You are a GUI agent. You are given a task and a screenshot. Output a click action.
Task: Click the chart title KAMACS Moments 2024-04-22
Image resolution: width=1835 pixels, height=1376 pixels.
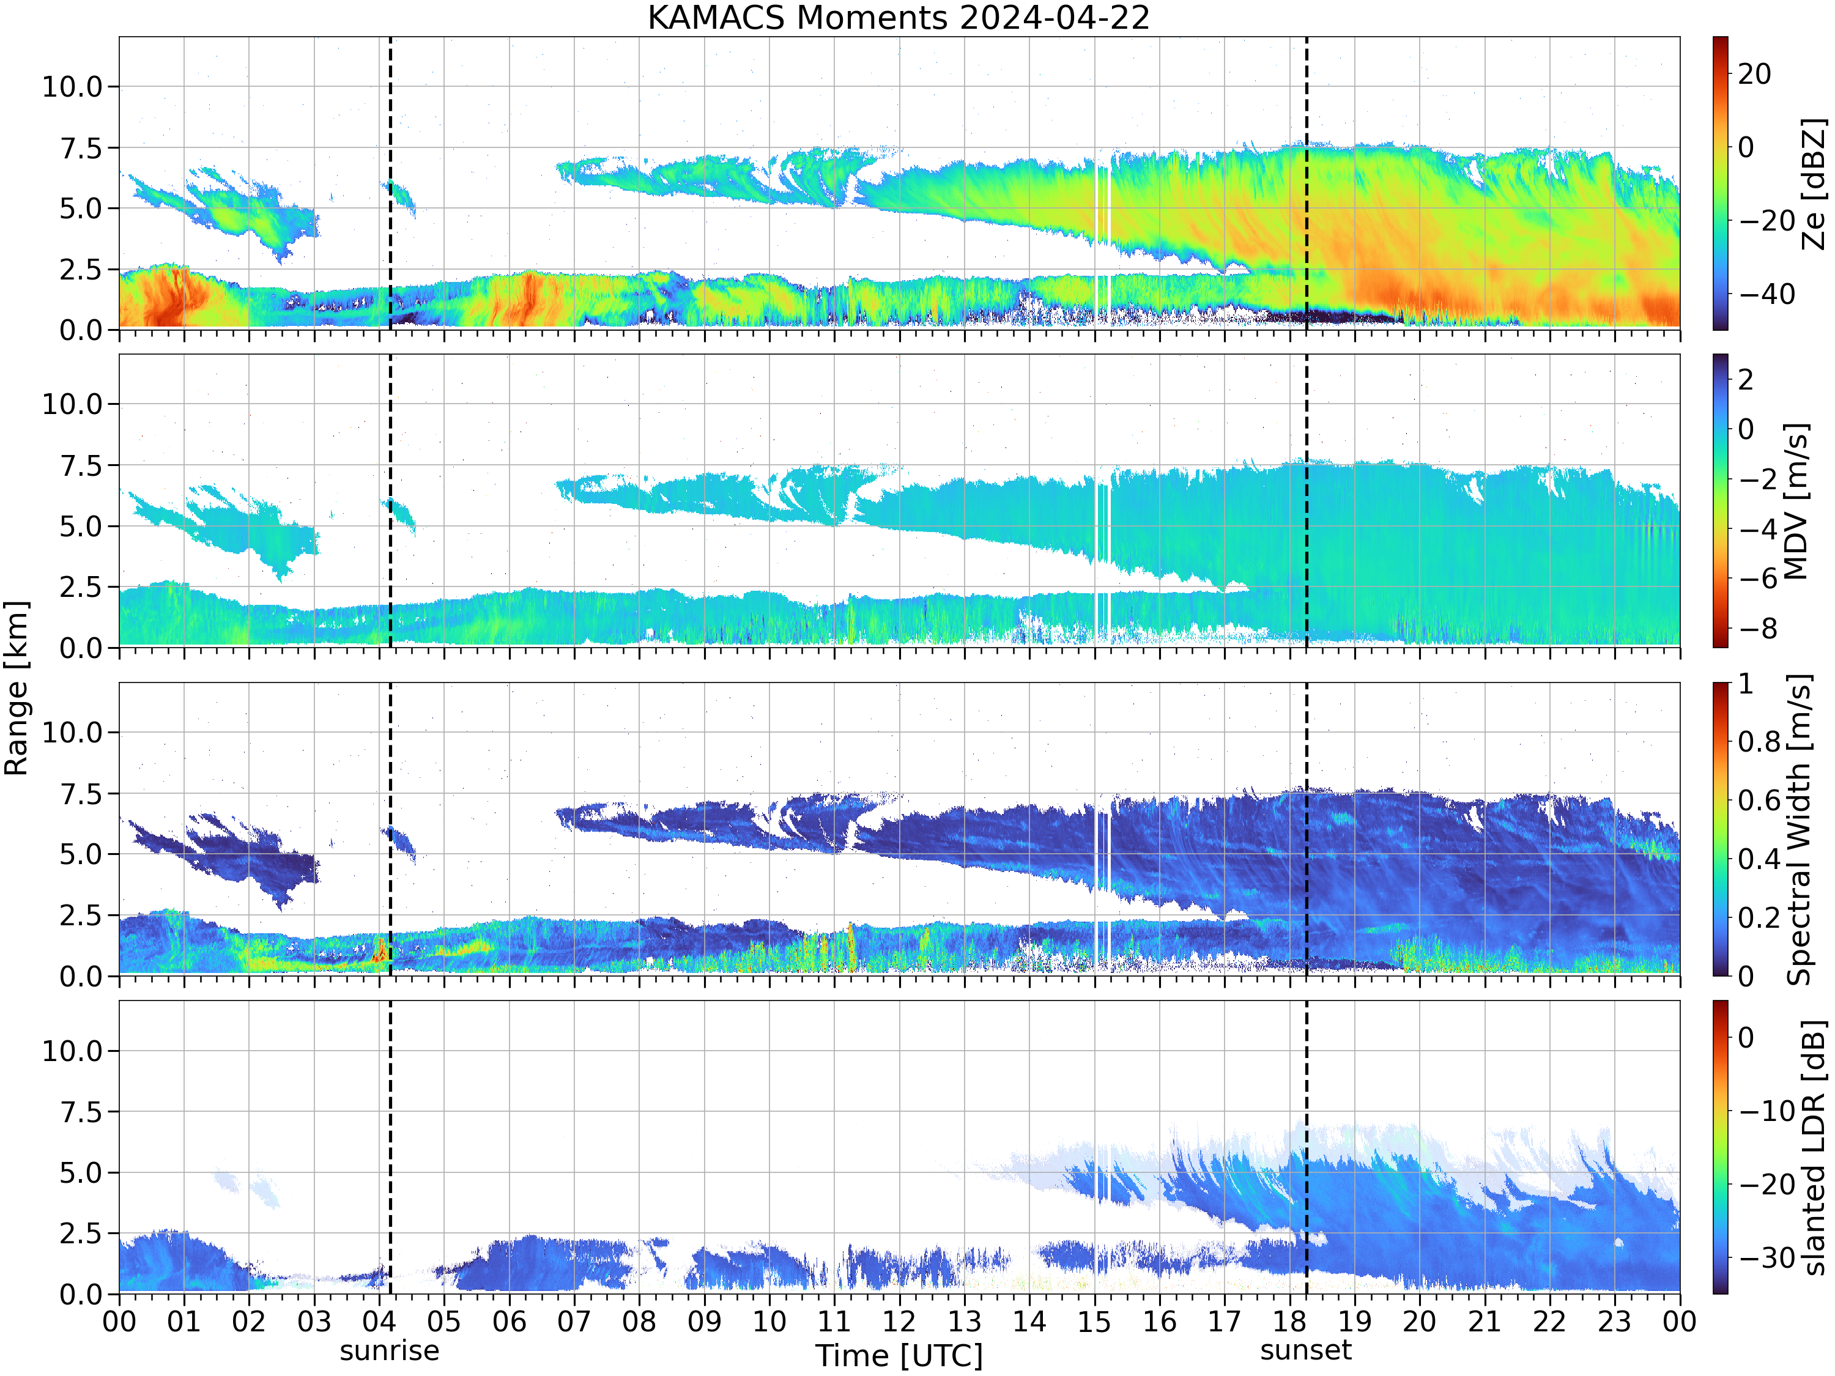tap(899, 17)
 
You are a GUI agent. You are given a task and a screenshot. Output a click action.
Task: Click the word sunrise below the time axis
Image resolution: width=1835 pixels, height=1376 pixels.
tap(389, 1350)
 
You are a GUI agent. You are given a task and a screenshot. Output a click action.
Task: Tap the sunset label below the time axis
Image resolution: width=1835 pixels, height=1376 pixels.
tap(1306, 1350)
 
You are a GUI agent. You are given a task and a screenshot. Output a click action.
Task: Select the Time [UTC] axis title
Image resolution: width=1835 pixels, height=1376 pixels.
tap(899, 1355)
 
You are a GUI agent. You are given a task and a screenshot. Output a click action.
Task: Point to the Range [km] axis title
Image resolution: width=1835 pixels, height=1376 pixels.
tap(16, 689)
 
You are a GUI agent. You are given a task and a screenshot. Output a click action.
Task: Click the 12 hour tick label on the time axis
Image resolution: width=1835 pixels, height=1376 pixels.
tap(899, 1321)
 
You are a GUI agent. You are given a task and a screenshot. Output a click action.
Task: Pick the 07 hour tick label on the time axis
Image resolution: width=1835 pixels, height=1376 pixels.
tap(574, 1321)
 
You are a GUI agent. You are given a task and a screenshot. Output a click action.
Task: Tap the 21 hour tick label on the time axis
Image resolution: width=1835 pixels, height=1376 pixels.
tap(1484, 1321)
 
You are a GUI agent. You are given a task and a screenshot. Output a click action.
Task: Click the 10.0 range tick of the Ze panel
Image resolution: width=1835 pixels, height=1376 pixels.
tap(72, 86)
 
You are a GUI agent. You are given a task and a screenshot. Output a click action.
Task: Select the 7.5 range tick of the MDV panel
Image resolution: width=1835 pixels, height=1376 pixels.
tap(81, 465)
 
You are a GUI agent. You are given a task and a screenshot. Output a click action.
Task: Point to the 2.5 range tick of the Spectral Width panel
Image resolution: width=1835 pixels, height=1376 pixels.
tap(81, 915)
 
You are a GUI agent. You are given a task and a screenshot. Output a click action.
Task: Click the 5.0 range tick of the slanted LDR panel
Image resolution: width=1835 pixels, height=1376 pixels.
tap(81, 1173)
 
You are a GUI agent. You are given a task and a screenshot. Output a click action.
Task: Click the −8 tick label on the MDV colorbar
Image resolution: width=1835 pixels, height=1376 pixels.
tap(1758, 629)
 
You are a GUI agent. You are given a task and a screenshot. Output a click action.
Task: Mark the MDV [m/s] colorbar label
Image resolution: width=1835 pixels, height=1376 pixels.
tap(1797, 501)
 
